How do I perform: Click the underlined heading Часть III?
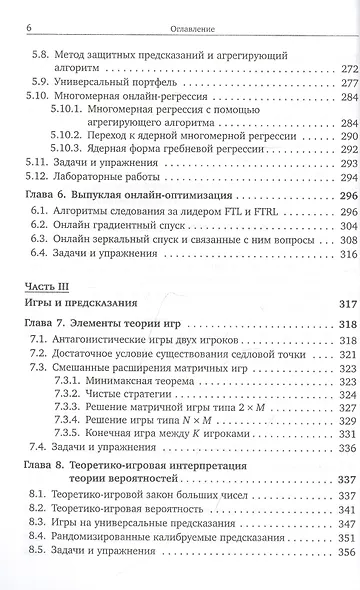(x=43, y=339)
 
